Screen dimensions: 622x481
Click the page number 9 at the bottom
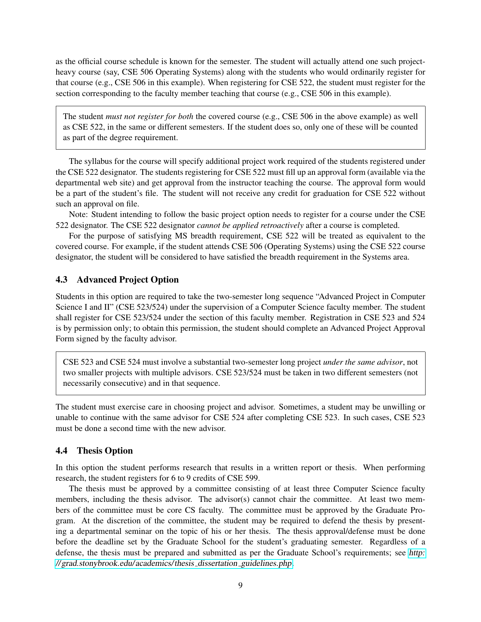240,585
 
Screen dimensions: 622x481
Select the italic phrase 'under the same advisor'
363,362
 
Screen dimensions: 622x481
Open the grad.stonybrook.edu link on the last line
174,564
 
